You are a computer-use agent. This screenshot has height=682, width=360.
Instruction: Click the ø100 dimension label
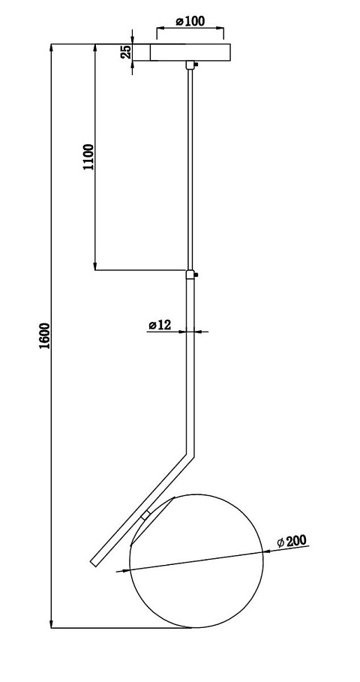190,20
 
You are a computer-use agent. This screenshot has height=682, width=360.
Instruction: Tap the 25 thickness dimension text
126,52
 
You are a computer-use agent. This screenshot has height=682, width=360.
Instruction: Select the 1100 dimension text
88,157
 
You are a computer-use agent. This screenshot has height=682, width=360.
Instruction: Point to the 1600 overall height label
45,336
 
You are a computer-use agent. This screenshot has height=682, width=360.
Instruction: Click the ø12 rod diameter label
160,324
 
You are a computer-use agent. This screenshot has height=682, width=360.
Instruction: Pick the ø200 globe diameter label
292,541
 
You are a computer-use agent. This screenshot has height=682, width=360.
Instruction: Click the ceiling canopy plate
190,53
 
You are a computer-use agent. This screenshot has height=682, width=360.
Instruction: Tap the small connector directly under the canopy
190,65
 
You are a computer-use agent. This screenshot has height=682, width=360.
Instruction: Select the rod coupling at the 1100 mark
190,275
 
